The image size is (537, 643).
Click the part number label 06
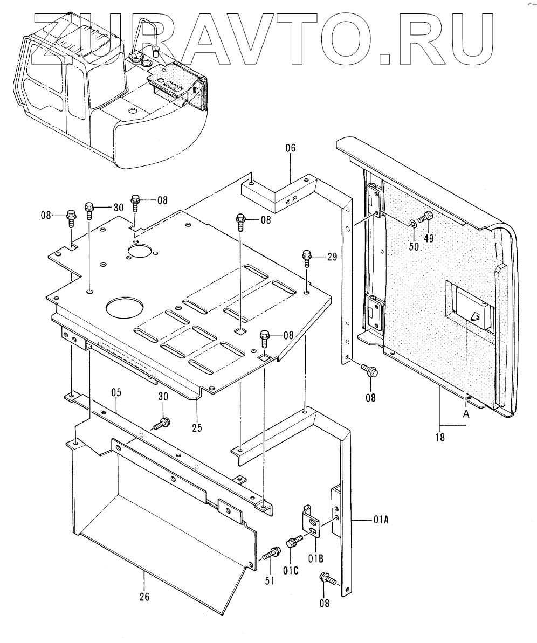point(291,148)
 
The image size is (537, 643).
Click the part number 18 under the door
point(440,438)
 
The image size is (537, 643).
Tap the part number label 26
point(144,597)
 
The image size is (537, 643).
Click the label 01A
point(381,520)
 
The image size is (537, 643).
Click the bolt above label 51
point(271,553)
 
